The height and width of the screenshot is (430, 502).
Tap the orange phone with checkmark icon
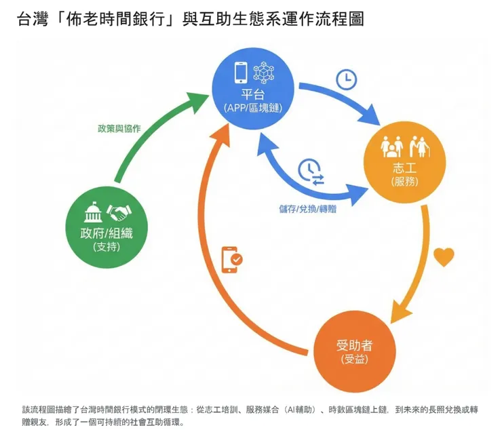pyautogui.click(x=232, y=260)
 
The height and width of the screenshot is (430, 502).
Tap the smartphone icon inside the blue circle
pyautogui.click(x=239, y=72)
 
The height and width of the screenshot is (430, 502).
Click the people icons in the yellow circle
pyautogui.click(x=400, y=146)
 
